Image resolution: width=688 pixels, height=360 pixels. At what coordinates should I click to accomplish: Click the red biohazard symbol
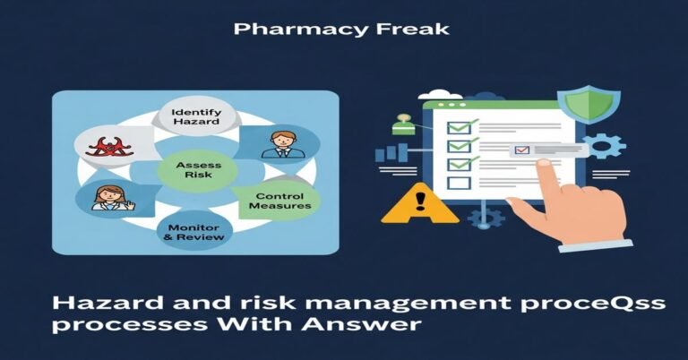coord(105,146)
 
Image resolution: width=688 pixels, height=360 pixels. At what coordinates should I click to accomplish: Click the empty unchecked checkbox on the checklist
coord(459,184)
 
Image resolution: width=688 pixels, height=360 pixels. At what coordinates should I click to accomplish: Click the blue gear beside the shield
coord(607,146)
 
